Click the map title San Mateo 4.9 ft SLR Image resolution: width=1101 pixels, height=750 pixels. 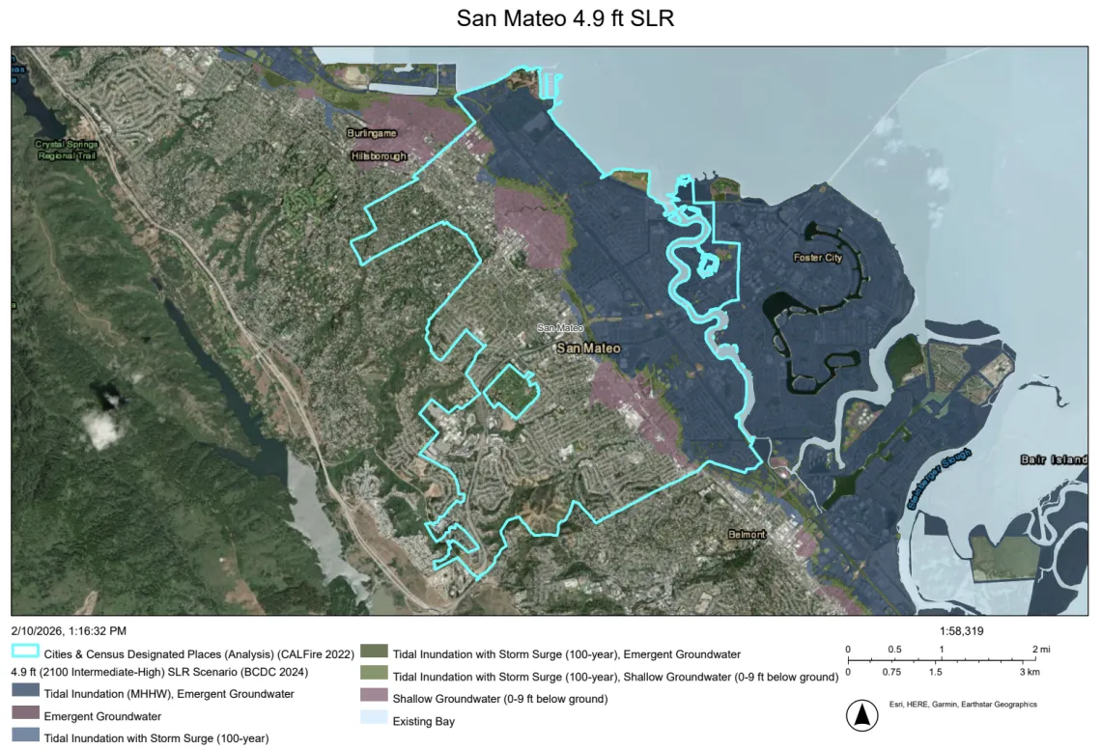(551, 19)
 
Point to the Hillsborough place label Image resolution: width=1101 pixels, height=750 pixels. (379, 155)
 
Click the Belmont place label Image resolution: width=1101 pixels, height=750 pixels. (747, 534)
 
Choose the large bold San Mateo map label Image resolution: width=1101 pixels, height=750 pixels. (588, 348)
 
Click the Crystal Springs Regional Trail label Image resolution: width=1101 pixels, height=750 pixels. (67, 150)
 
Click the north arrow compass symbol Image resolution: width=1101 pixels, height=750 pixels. (860, 715)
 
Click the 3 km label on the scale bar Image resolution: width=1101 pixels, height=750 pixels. (1030, 671)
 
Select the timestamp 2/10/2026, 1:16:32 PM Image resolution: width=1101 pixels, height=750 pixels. (69, 631)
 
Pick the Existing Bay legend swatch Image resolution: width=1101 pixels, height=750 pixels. (374, 720)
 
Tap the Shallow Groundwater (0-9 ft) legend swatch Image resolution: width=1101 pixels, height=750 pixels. (374, 698)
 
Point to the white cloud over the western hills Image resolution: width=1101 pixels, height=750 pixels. (103, 425)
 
